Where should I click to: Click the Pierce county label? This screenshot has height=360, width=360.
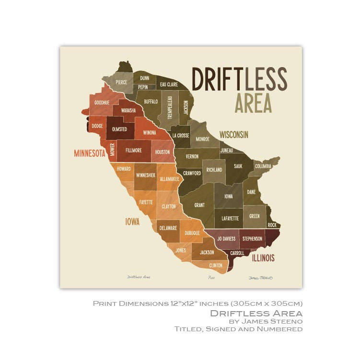(x=121, y=82)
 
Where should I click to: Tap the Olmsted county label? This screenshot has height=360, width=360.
(x=119, y=129)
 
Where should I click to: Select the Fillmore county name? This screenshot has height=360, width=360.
(x=133, y=150)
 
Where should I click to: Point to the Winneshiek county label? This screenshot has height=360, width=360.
(x=145, y=175)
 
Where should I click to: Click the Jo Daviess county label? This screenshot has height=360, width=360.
(x=226, y=238)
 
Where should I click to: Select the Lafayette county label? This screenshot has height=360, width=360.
(x=230, y=218)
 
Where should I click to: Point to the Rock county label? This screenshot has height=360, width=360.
(x=272, y=225)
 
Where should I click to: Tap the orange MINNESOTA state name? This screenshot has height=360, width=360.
(x=90, y=153)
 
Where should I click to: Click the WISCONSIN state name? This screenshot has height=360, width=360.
(x=234, y=135)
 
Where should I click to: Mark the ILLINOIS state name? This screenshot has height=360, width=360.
(x=263, y=258)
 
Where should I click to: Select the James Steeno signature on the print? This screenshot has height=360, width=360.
(x=260, y=278)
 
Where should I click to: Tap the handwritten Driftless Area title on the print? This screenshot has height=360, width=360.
(x=139, y=277)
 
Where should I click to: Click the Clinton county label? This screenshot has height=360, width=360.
(x=215, y=265)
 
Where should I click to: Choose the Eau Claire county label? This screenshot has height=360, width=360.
(x=169, y=84)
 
